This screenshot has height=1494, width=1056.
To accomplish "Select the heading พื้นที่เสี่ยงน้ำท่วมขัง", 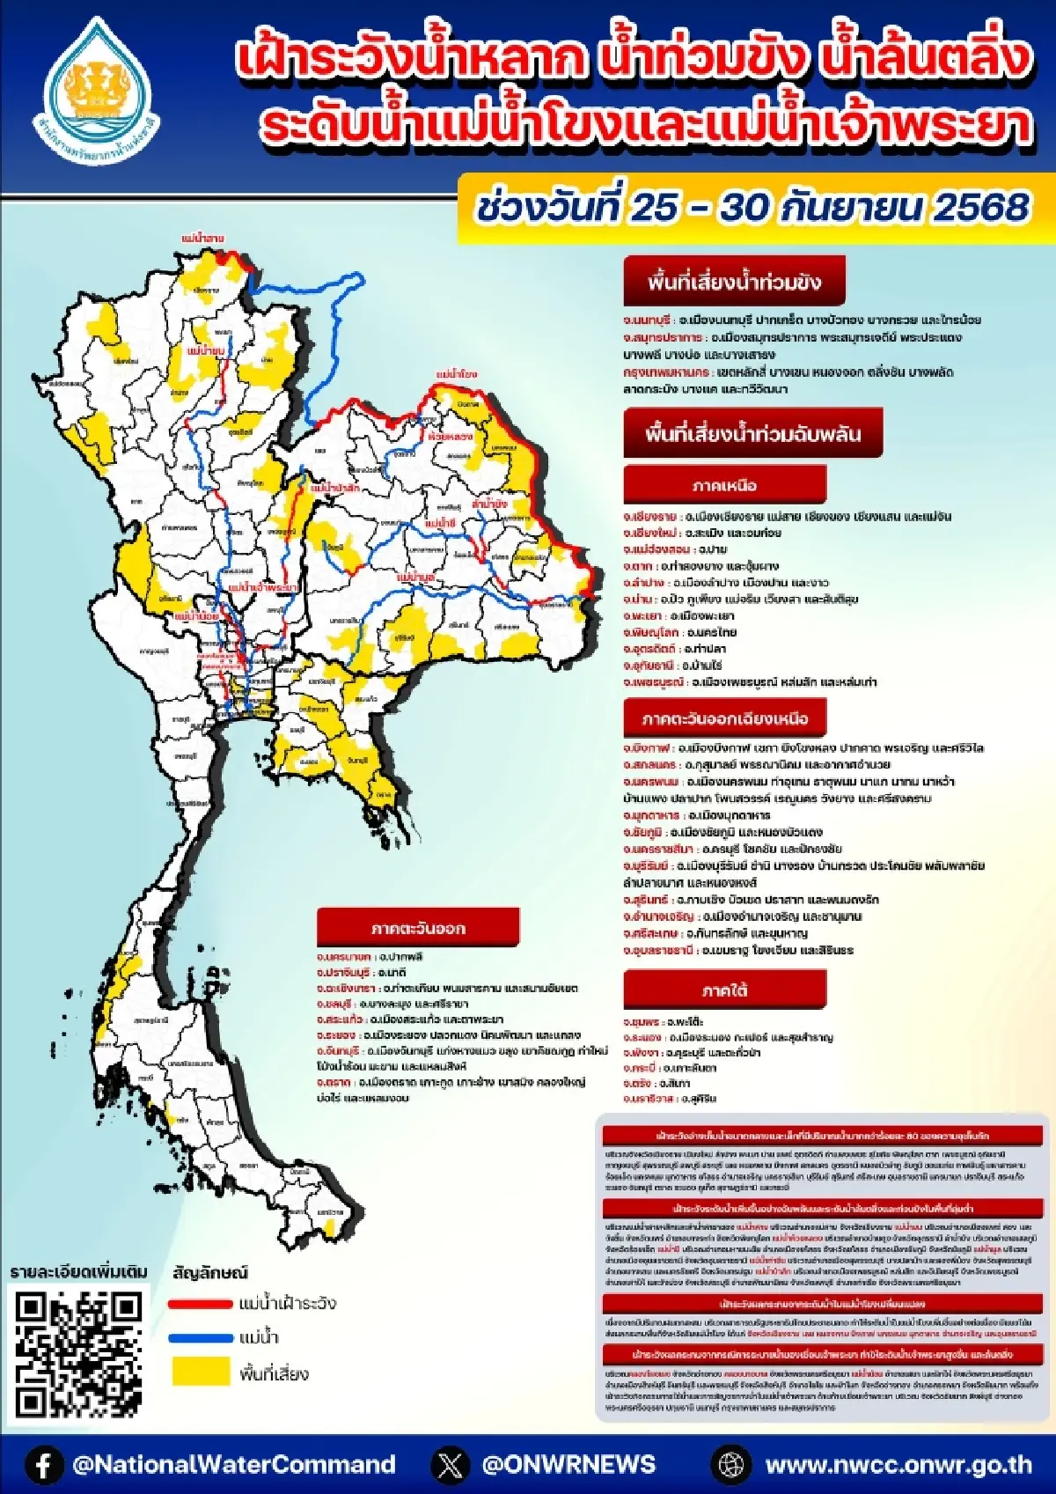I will (734, 282).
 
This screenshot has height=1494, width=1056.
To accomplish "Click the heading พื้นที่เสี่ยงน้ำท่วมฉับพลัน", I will (752, 433).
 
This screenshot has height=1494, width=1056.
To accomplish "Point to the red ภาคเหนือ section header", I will (724, 485).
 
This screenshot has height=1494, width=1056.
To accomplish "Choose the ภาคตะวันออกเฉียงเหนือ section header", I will (724, 718).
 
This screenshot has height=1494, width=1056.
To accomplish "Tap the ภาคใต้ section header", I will (724, 990).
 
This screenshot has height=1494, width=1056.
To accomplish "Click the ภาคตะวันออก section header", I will (418, 928).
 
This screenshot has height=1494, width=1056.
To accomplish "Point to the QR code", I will (78, 1354).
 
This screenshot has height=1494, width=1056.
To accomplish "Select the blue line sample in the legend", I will (200, 1338).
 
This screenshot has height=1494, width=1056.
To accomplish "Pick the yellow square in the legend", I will (200, 1372).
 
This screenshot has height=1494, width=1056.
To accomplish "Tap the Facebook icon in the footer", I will (43, 1465).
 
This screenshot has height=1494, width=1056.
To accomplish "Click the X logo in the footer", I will (450, 1465).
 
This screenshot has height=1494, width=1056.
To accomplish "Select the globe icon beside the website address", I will (731, 1465).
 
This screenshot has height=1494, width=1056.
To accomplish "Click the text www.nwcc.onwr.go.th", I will (898, 1465).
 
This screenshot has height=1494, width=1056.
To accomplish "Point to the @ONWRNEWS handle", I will (568, 1465).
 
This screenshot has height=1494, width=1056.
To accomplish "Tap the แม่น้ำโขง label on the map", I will (457, 374).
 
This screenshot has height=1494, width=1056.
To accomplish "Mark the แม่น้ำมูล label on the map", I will (415, 578).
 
